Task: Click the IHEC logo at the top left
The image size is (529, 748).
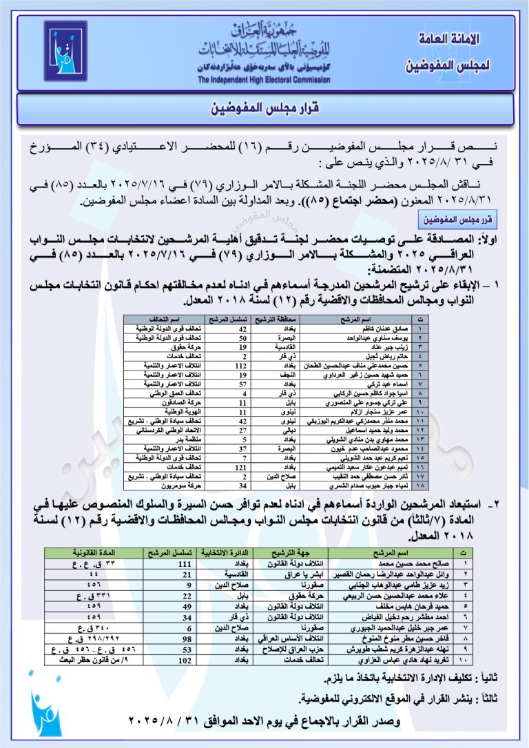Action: tap(66, 53)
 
